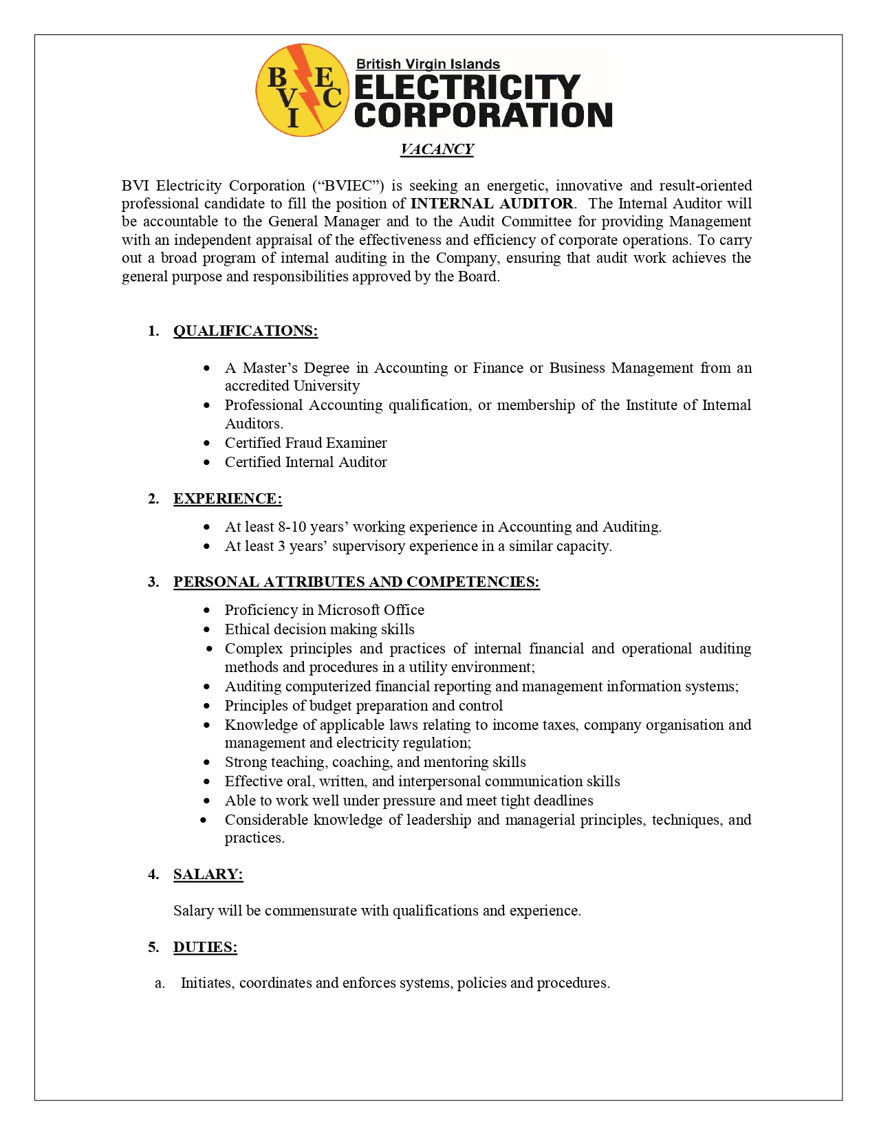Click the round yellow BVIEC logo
coord(302,90)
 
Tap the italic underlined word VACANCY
coord(437,149)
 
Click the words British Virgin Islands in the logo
coord(428,64)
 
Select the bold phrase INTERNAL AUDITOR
coord(492,204)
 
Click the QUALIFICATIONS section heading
coord(245,331)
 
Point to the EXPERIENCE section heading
coord(227,499)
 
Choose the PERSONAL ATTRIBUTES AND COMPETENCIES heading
coord(356,582)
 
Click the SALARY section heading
coord(208,874)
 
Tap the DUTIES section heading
coord(205,947)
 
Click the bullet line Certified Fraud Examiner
coord(305,443)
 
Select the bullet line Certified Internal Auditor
coord(305,462)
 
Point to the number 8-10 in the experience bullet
coord(292,527)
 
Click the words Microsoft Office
coord(371,610)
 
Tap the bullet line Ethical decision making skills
coord(319,629)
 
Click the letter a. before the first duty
coord(160,983)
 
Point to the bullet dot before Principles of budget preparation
coord(207,706)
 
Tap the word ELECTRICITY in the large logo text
coord(468,87)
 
